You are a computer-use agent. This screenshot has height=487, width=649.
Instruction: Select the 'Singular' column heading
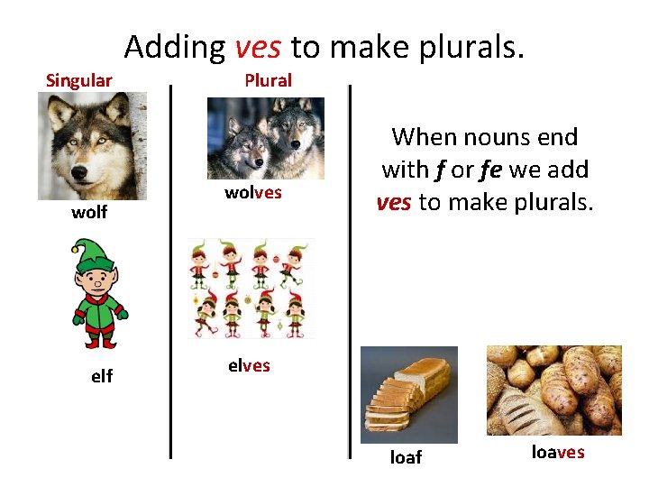[79, 80]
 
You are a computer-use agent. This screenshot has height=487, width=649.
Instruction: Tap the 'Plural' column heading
[268, 80]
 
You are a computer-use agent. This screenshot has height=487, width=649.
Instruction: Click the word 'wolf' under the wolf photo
[89, 212]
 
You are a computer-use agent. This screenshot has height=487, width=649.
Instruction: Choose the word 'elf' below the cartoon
[102, 376]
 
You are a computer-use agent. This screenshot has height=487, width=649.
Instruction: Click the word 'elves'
[249, 366]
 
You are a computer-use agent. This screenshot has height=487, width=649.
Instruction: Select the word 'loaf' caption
[405, 457]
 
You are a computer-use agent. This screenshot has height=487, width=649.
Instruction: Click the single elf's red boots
[100, 340]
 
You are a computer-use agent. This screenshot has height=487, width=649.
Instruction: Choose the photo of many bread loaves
[553, 390]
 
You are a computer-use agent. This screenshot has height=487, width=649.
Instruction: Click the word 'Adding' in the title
[175, 46]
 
